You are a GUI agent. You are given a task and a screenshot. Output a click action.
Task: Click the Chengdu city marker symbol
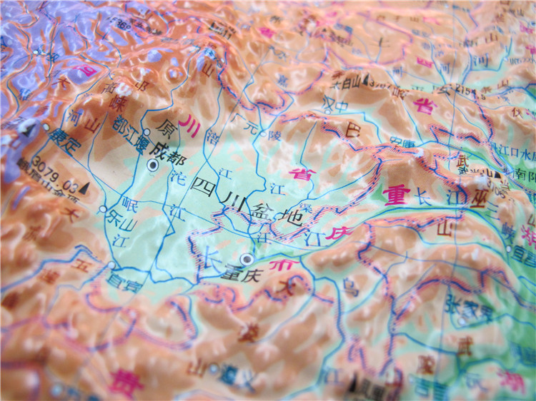pos(152,166)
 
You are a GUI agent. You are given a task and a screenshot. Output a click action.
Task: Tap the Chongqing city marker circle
pos(247,258)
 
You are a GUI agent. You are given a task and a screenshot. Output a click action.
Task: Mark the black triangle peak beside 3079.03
pos(86,188)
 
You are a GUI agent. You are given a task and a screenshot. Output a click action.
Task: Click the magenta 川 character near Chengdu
pos(191,121)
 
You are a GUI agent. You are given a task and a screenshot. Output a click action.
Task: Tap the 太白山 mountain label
pos(347,83)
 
